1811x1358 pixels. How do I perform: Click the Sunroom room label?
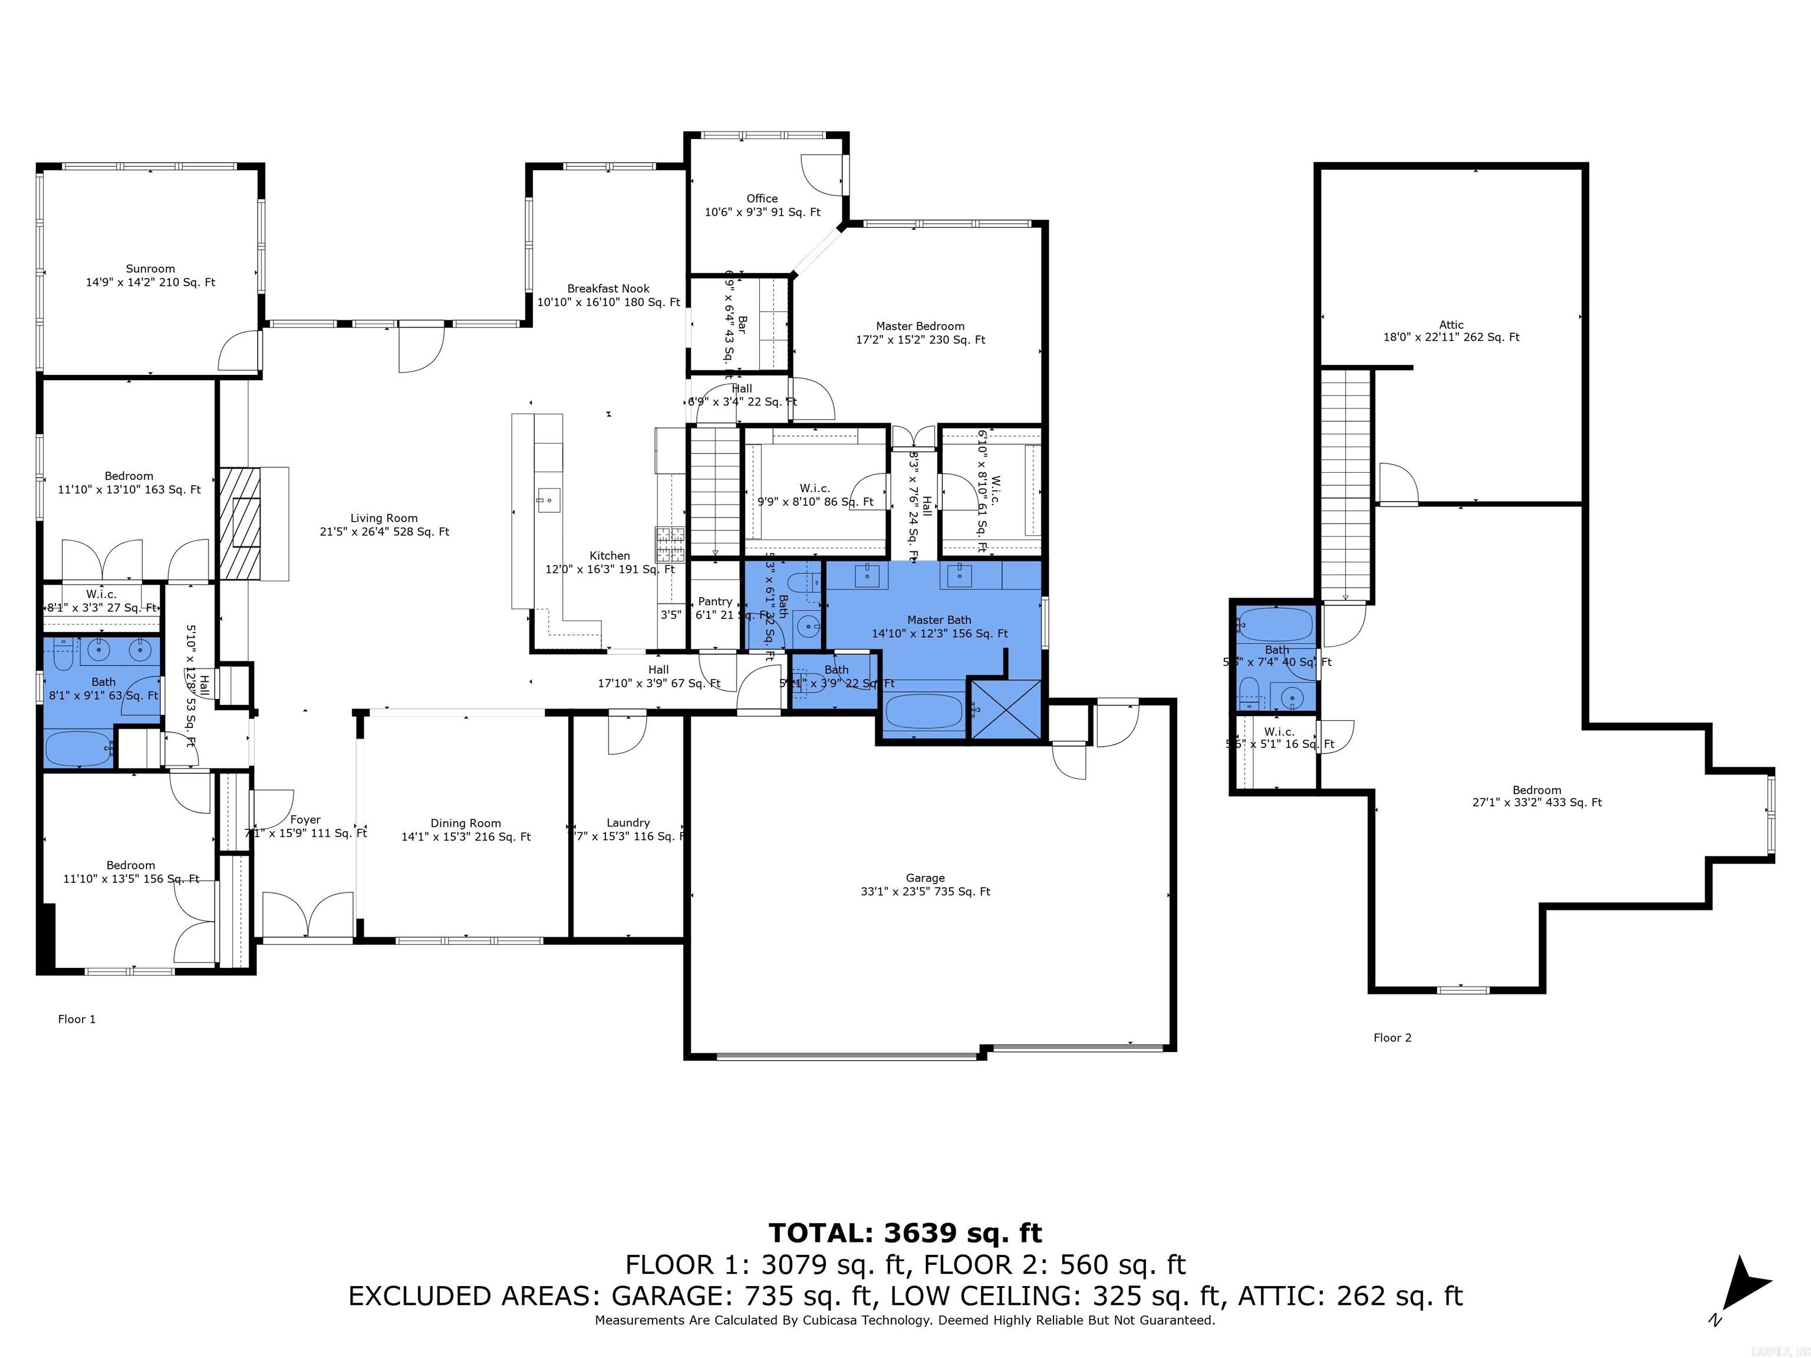point(151,275)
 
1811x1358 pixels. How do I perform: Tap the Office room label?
point(762,205)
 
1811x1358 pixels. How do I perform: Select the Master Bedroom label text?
point(920,332)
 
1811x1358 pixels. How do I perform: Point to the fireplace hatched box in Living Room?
point(242,524)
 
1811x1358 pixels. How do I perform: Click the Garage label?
point(925,884)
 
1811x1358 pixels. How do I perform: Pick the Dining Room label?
point(466,829)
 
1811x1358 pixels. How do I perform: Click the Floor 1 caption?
point(77,1019)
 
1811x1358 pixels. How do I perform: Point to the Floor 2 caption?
point(1392,1037)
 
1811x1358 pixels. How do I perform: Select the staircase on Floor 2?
point(1346,483)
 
